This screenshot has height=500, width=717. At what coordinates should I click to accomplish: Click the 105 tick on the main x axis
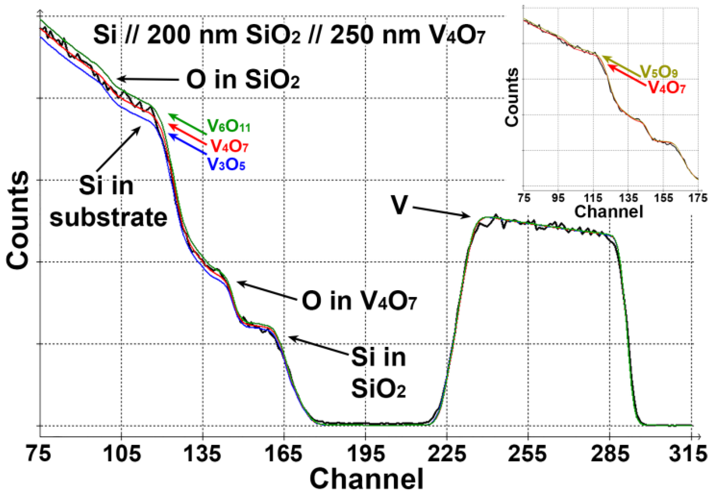coord(121,454)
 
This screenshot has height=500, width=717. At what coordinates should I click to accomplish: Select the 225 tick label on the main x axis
coord(447,454)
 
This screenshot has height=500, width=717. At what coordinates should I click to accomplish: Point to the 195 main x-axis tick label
coord(366,454)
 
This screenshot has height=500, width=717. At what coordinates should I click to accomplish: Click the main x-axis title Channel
coord(366,479)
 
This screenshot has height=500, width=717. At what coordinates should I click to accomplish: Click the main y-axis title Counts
coord(18,221)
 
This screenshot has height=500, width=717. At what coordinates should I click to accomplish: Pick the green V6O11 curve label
coord(229,126)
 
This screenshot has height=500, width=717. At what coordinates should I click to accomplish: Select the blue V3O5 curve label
coord(226,164)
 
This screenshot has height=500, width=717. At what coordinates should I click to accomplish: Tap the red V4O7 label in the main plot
coord(230,145)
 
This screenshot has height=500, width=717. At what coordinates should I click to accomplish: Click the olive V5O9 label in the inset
coord(659,72)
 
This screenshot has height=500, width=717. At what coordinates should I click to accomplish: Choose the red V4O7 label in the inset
coord(667,87)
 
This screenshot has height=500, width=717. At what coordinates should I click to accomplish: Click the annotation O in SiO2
coord(243,80)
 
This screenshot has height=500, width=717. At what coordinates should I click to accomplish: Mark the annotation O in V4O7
coord(359,302)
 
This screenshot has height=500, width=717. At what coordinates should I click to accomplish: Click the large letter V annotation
coord(399,205)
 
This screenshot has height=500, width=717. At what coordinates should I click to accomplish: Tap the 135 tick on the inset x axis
coord(629,198)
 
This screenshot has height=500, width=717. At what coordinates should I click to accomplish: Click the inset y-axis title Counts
coord(512,97)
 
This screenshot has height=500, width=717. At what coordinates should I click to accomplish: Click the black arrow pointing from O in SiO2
coord(148,79)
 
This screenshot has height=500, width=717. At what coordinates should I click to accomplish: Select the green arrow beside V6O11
coord(187,124)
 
